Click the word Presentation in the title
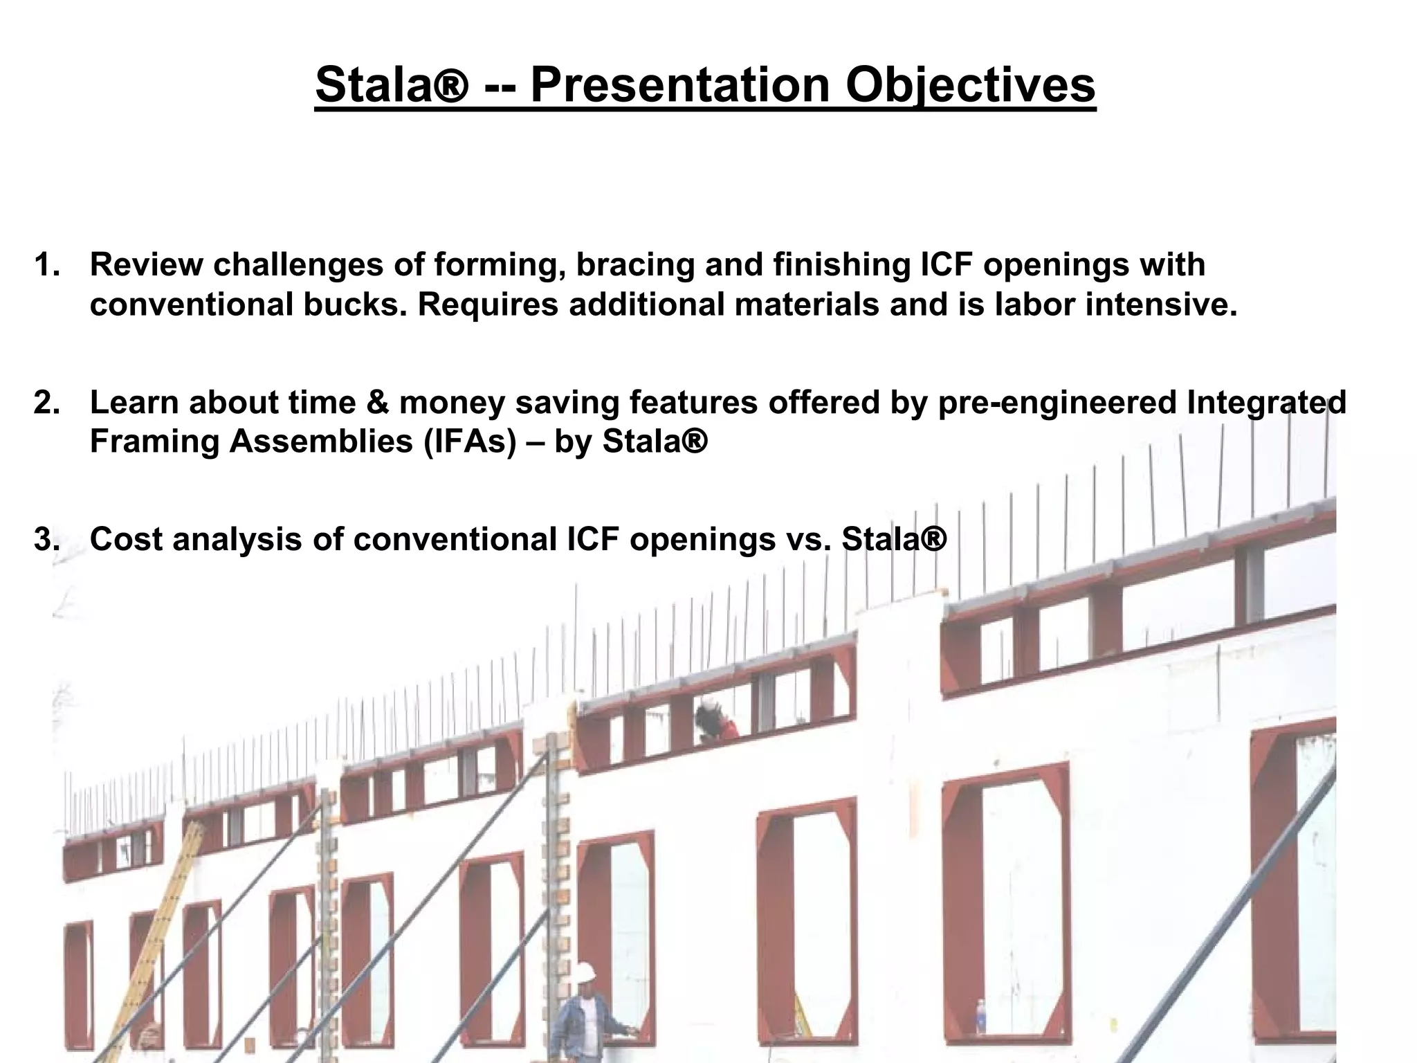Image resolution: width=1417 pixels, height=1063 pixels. [679, 86]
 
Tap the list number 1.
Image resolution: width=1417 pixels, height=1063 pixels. [46, 265]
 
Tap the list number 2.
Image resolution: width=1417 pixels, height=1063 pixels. [46, 403]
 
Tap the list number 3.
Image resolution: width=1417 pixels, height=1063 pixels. [46, 540]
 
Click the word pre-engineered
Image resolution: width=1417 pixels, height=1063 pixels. [1057, 403]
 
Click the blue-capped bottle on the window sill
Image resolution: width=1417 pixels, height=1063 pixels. [980, 1016]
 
